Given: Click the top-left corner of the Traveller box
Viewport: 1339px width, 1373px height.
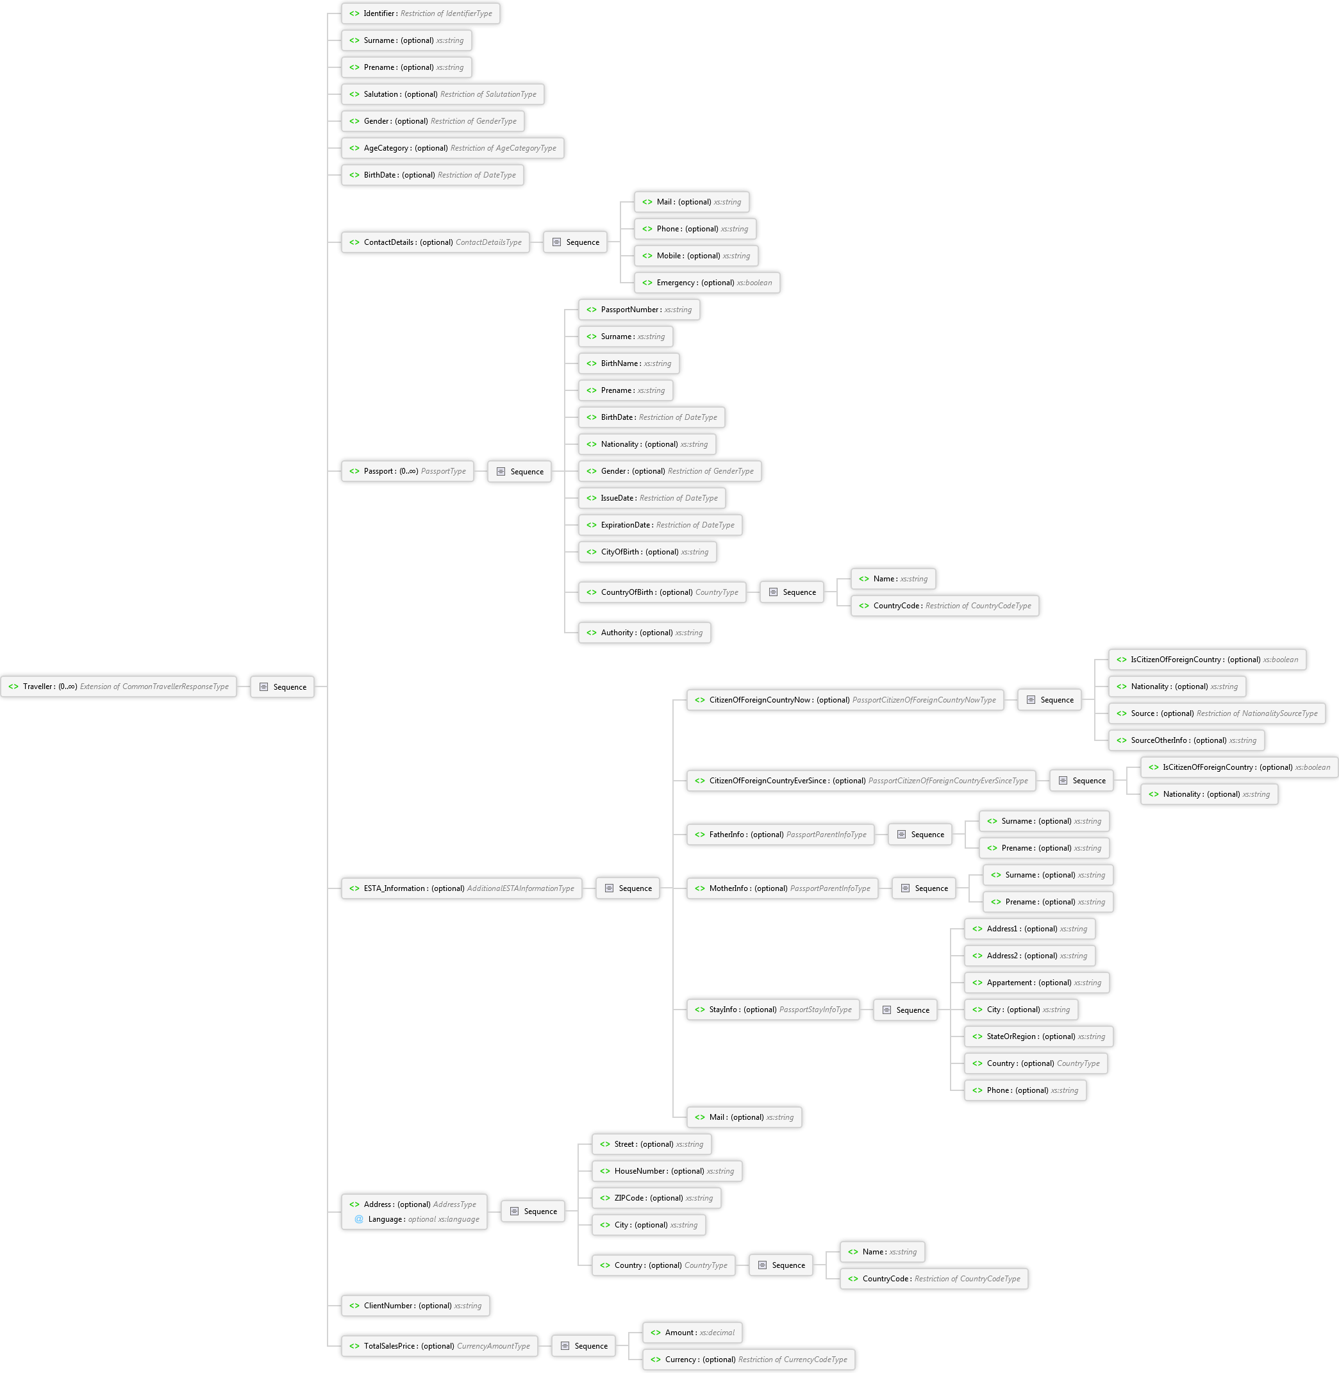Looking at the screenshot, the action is (1, 677).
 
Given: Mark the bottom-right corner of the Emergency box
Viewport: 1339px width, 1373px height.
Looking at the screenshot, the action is (780, 292).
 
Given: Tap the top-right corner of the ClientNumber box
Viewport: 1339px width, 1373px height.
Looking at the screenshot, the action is (490, 1295).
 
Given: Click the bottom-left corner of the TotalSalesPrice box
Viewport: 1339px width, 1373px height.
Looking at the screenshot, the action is (342, 1356).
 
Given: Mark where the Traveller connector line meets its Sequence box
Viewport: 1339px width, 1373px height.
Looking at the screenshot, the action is (251, 687).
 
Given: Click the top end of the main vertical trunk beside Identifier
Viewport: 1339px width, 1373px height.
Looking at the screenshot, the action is (328, 13).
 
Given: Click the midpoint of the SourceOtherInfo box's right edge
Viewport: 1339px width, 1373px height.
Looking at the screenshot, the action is (1265, 740).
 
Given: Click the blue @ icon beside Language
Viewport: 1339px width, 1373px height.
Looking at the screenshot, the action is (359, 1219).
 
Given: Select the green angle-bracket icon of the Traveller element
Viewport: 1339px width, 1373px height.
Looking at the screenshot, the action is (13, 687).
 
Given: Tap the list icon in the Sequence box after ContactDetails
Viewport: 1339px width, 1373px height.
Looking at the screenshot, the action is (556, 242).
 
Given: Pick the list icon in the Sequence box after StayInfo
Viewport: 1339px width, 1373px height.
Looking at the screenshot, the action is (887, 1010).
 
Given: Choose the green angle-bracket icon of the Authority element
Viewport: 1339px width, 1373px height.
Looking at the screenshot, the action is (592, 633).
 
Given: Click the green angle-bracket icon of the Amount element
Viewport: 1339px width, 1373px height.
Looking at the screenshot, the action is (656, 1332).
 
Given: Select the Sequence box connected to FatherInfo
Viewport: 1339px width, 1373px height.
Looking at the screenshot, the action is (920, 834).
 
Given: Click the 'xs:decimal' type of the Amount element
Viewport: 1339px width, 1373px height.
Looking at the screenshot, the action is (717, 1332).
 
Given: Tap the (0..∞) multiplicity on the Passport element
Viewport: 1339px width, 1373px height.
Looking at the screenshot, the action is (408, 471).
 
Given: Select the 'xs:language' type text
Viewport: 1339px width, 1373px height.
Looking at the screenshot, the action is (458, 1219).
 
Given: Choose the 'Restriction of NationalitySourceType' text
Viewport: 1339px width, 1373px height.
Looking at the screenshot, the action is (1257, 713).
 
